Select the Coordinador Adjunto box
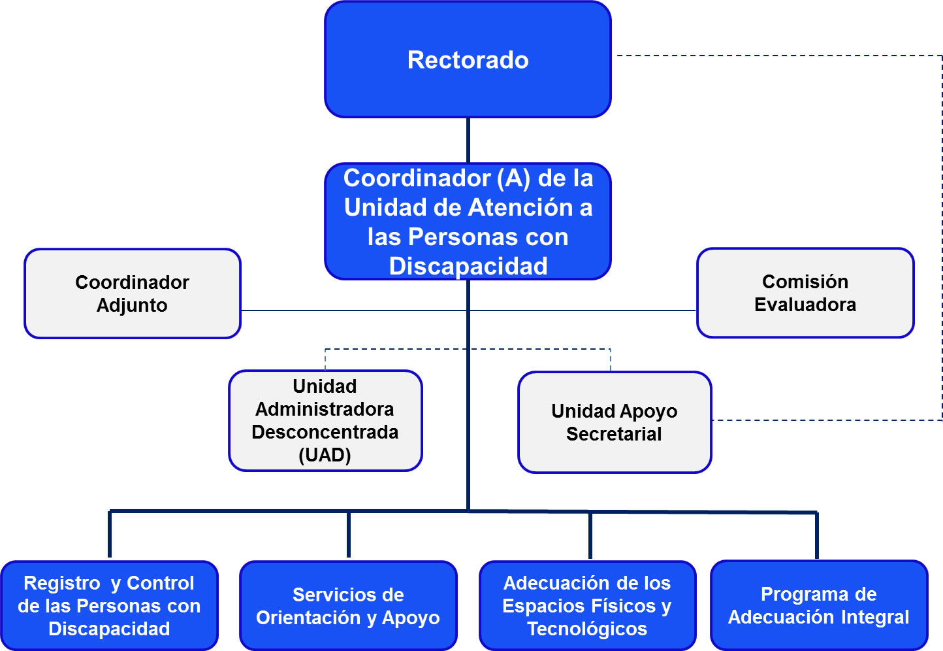[132, 293]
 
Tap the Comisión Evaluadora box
[805, 293]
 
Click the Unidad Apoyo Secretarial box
[614, 422]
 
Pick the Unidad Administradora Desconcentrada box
[325, 420]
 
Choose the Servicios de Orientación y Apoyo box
[347, 606]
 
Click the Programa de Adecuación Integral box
[818, 605]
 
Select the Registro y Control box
[109, 606]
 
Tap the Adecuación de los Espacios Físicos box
[587, 606]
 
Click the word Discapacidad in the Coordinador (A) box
[468, 267]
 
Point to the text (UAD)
[325, 455]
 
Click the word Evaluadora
[805, 305]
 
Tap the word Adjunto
[132, 305]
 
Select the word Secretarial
[614, 434]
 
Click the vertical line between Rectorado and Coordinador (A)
[468, 141]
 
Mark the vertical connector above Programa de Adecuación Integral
[816, 535]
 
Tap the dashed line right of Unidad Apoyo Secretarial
[823, 420]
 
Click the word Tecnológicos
[587, 629]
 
